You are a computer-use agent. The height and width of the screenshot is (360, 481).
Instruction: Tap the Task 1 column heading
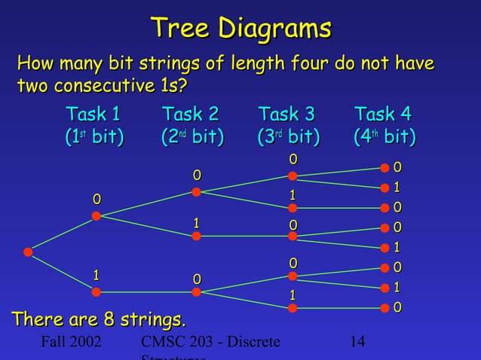(x=93, y=115)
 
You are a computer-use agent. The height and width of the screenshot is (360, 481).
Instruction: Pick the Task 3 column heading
(x=286, y=115)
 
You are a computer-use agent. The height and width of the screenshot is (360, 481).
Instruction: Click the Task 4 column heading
(x=383, y=115)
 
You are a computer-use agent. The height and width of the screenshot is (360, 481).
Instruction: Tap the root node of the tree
(x=28, y=252)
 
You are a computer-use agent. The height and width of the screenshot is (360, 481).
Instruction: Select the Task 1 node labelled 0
(x=96, y=216)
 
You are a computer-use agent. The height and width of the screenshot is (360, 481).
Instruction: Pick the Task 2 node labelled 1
(x=196, y=236)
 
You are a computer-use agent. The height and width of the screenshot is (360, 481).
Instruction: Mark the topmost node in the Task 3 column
(x=293, y=178)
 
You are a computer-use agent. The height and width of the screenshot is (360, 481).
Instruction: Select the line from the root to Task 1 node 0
(x=62, y=234)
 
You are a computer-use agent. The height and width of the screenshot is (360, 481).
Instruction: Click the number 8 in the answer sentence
(x=100, y=320)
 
